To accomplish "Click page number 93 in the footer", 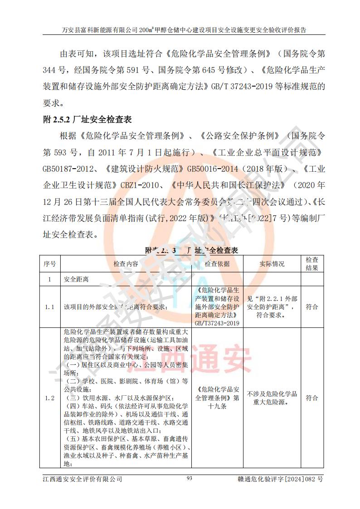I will tap(190, 478).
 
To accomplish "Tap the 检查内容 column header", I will tap(126, 264).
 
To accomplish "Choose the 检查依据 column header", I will tap(217, 264).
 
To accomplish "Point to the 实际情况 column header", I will tap(272, 264).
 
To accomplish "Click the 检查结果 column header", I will tap(311, 264).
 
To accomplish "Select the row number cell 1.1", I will tap(50, 307).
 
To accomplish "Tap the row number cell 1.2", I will tap(50, 398).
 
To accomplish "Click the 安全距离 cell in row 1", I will tap(76, 279).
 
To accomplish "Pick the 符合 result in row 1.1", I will tap(311, 307).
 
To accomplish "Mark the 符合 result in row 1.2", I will tap(311, 398).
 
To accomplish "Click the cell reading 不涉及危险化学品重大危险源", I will tap(272, 398).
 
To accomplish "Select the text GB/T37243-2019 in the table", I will tap(217, 324).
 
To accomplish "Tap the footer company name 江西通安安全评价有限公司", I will tap(82, 479).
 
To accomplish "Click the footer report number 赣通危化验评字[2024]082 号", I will tap(280, 479).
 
